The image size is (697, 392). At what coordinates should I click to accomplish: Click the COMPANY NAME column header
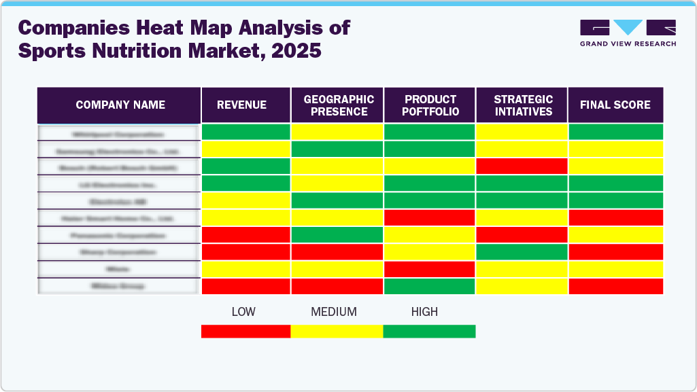pos(120,105)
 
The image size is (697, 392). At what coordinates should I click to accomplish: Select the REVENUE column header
pos(242,105)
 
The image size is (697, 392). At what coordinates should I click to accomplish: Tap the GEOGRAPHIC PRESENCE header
pos(338,105)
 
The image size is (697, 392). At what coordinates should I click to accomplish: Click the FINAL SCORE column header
pos(615,105)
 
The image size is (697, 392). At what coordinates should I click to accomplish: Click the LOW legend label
pos(243,312)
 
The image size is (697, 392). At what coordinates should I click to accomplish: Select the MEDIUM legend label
pos(334,312)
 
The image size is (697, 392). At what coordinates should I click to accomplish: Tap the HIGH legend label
pos(424,312)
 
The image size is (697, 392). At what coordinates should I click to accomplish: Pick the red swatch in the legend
pos(245,331)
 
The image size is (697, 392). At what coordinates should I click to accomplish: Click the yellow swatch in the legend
pos(337,331)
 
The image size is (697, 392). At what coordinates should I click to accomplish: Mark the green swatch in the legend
pos(429,331)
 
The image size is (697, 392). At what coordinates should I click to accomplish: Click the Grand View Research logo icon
pos(628,28)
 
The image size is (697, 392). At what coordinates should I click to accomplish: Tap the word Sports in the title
pos(51,50)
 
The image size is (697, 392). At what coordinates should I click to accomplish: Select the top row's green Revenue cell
pos(246,132)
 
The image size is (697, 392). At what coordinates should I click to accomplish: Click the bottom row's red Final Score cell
pos(615,286)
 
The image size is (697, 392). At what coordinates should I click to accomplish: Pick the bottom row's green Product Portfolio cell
pos(430,286)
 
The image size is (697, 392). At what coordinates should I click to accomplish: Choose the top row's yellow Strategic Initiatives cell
pos(522,132)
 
